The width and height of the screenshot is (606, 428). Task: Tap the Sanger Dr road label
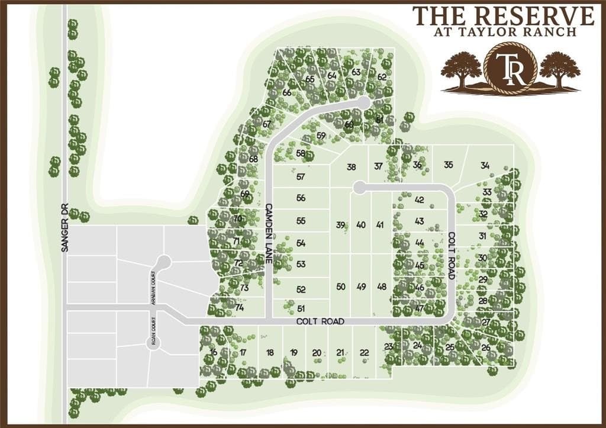click(65, 228)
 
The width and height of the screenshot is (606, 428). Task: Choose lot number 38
click(352, 167)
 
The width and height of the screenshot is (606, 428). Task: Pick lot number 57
click(301, 176)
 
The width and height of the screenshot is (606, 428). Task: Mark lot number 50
click(340, 287)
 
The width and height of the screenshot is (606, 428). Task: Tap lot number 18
click(270, 353)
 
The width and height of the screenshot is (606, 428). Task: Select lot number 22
click(364, 353)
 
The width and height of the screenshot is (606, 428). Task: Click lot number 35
click(449, 165)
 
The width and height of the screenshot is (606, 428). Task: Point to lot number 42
click(420, 200)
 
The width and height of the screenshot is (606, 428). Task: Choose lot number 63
click(356, 72)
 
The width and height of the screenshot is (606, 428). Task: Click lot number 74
click(240, 307)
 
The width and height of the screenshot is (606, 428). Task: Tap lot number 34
click(485, 165)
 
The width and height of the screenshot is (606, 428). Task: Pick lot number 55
click(301, 221)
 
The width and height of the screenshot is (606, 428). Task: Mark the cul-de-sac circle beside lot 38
click(357, 188)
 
